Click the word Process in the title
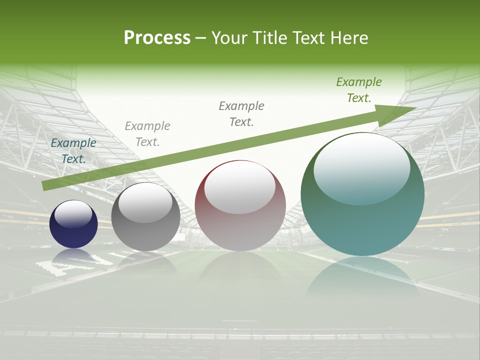tap(157, 38)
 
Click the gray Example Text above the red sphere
tap(241, 113)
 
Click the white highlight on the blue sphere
tap(73, 214)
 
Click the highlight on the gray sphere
tap(145, 203)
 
